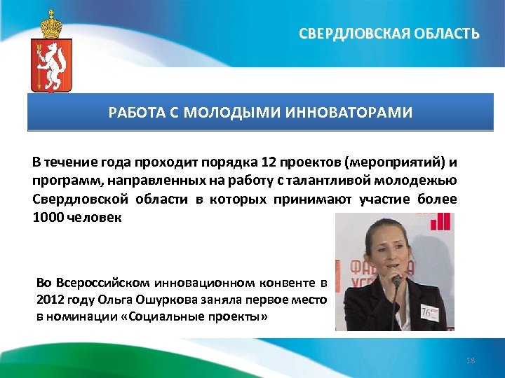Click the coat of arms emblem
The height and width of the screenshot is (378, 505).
click(50, 63)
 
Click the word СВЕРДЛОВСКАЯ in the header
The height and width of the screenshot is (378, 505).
click(349, 33)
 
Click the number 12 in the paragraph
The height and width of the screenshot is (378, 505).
click(269, 163)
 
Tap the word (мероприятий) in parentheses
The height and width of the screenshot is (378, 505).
click(395, 163)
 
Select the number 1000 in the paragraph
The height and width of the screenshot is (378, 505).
click(47, 218)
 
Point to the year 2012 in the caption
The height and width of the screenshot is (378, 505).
click(48, 300)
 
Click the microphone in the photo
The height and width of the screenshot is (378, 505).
click(396, 282)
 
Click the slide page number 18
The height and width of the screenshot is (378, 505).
click(471, 360)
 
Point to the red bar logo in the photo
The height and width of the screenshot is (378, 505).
click(440, 222)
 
